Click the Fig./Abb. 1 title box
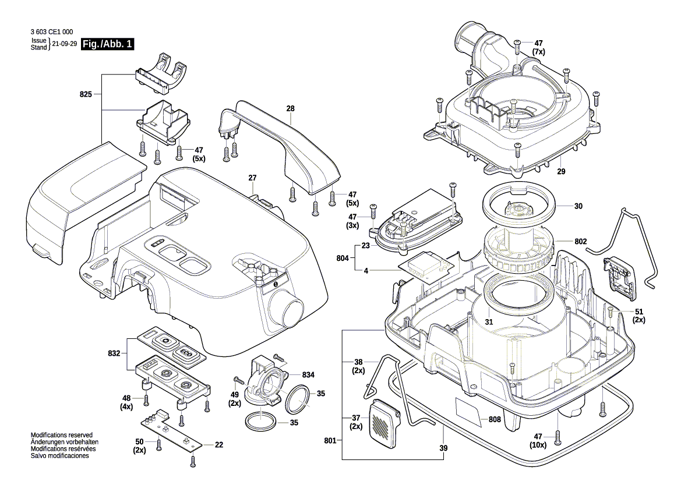[x=108, y=44]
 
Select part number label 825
[x=86, y=94]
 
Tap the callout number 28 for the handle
[x=290, y=108]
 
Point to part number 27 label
[x=252, y=178]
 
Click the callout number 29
[x=561, y=171]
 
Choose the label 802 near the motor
[x=580, y=241]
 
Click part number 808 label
[x=495, y=419]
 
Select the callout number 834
[x=308, y=374]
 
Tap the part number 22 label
[x=218, y=445]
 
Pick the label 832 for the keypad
[x=114, y=353]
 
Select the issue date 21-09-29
[x=65, y=44]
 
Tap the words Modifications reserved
[x=61, y=436]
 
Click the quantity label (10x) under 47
[x=538, y=445]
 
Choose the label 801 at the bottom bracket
[x=330, y=441]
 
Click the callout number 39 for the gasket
[x=443, y=448]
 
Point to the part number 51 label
[x=639, y=312]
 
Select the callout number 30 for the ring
[x=578, y=206]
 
